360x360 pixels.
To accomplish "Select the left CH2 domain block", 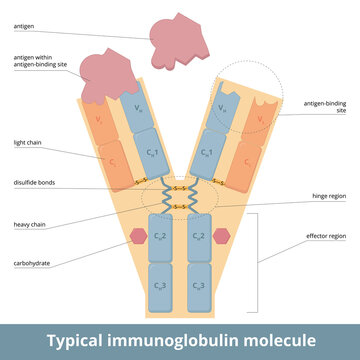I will click(x=160, y=237).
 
